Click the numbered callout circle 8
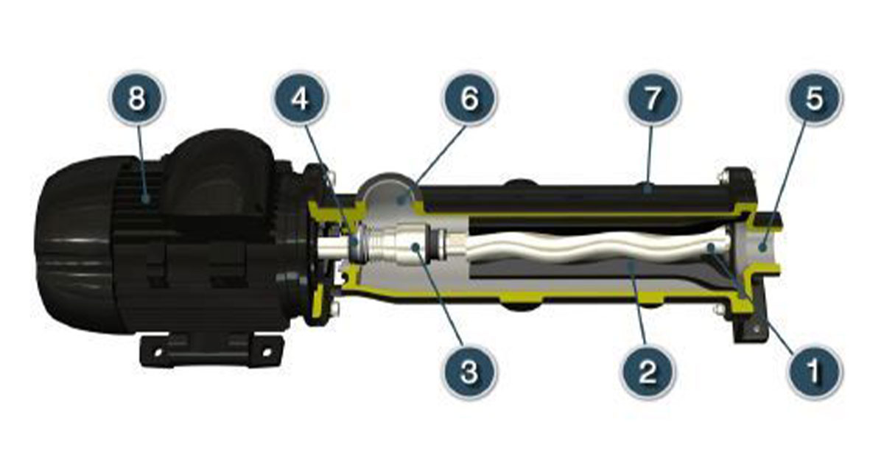pyautogui.click(x=136, y=98)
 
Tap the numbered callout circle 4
pyautogui.click(x=301, y=98)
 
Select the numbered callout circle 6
pyautogui.click(x=470, y=98)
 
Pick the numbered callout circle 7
pyautogui.click(x=653, y=98)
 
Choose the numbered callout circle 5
pyautogui.click(x=815, y=98)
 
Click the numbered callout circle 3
pyautogui.click(x=470, y=371)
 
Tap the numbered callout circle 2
pyautogui.click(x=648, y=371)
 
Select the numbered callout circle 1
pyautogui.click(x=814, y=371)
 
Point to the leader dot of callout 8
pyautogui.click(x=147, y=198)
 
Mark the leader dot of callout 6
pyautogui.click(x=401, y=201)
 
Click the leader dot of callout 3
pyautogui.click(x=414, y=247)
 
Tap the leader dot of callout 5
pyautogui.click(x=762, y=247)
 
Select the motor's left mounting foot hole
pyautogui.click(x=158, y=351)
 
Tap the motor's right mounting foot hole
pyautogui.click(x=267, y=351)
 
